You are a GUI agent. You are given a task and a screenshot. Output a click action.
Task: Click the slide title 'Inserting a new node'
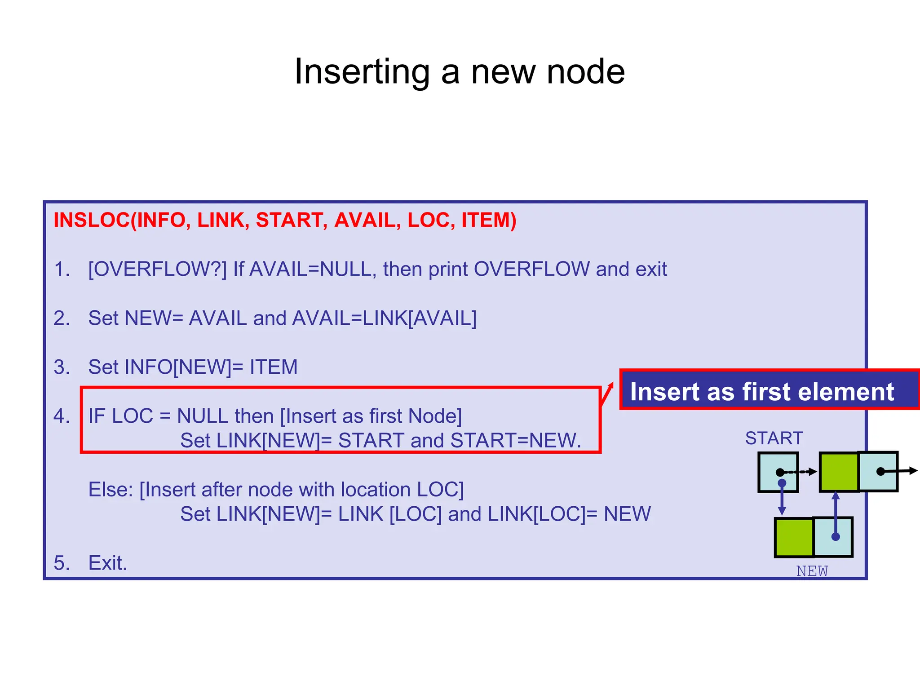pyautogui.click(x=459, y=72)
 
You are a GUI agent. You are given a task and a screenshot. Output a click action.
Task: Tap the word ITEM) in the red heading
pyautogui.click(x=489, y=220)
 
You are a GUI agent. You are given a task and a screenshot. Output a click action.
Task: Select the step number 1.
pyautogui.click(x=62, y=269)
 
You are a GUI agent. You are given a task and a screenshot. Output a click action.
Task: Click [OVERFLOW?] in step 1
pyautogui.click(x=157, y=269)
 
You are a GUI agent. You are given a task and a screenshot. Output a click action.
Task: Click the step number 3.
pyautogui.click(x=62, y=367)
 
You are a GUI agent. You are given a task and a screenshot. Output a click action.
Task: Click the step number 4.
pyautogui.click(x=62, y=416)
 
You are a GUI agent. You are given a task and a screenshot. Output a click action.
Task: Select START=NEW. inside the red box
pyautogui.click(x=516, y=440)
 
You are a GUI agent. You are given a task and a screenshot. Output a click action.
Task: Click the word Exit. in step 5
pyautogui.click(x=108, y=563)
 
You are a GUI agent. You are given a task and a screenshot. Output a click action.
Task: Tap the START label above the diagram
pyautogui.click(x=774, y=438)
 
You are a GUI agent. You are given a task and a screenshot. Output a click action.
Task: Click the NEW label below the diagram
pyautogui.click(x=812, y=571)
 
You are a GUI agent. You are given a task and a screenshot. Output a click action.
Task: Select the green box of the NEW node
pyautogui.click(x=794, y=537)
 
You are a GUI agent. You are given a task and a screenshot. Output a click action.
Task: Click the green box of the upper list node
pyautogui.click(x=839, y=472)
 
